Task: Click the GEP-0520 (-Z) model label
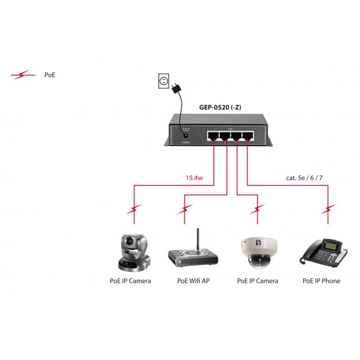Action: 220,107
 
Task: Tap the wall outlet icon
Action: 163,81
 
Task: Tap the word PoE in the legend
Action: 50,75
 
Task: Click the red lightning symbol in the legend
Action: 23,75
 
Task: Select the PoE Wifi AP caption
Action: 193,281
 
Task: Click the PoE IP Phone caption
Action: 321,281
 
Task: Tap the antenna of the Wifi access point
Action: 197,239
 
